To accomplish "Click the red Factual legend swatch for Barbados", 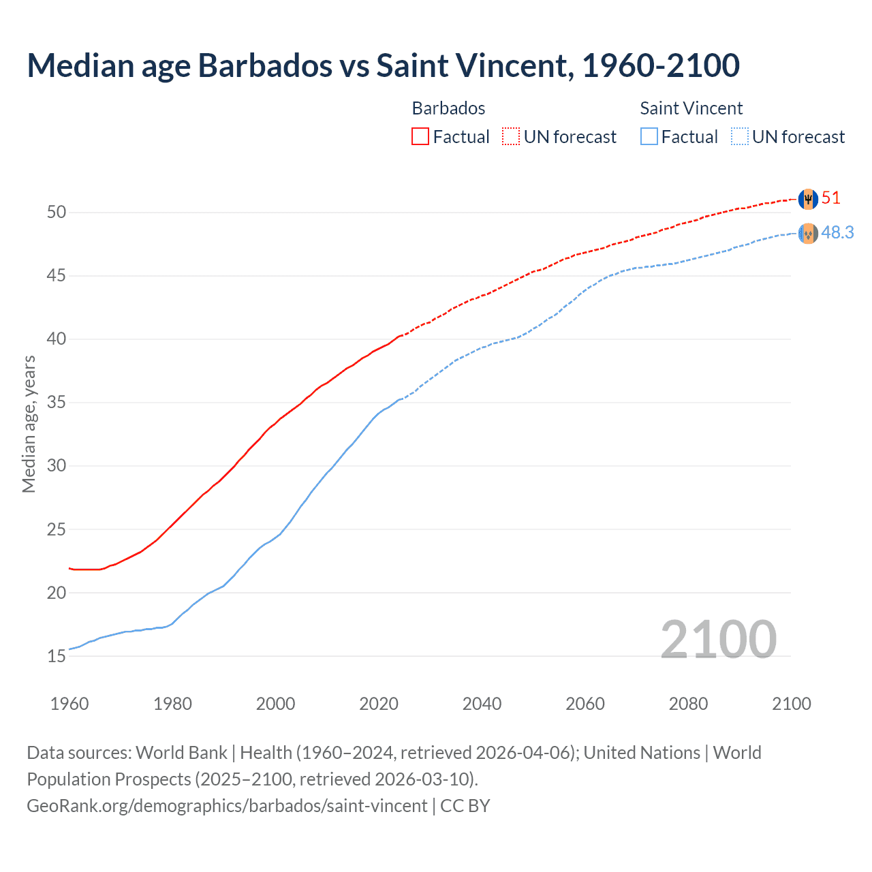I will [x=420, y=136].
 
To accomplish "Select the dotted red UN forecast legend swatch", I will [x=511, y=136].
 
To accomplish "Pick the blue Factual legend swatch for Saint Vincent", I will [x=649, y=136].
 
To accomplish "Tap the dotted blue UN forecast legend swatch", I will [x=740, y=136].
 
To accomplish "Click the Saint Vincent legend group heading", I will [x=691, y=108].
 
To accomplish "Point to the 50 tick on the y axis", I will [x=57, y=212].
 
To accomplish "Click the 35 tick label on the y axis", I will [x=57, y=403].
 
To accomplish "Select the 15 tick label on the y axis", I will [x=57, y=657].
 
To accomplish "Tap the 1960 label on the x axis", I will [x=69, y=704].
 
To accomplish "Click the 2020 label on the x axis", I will [x=379, y=704].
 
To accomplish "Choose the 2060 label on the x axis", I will [x=585, y=704].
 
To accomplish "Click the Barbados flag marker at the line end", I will [x=808, y=199].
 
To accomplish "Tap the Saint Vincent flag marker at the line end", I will [x=808, y=234].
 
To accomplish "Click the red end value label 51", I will [x=831, y=198].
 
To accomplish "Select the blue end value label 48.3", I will [x=837, y=233].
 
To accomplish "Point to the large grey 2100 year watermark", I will [x=718, y=639].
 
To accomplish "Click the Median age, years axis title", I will [x=29, y=424].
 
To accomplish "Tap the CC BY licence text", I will [x=465, y=806].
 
